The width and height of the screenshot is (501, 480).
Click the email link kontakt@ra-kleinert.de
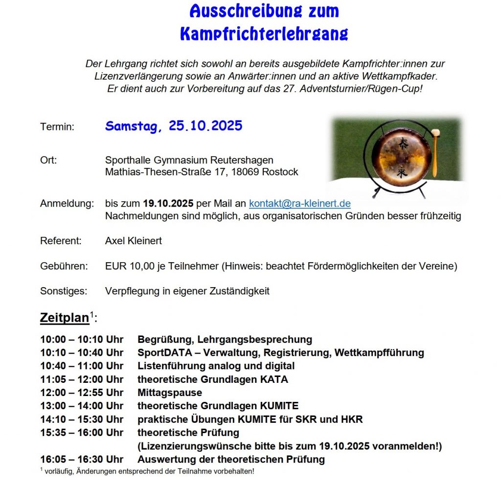tap(299, 204)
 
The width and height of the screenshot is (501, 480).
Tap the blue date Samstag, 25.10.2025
tap(174, 126)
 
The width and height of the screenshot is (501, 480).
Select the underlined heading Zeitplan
tap(65, 318)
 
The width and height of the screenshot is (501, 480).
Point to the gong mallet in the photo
tap(434, 152)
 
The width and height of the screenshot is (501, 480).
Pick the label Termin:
tap(57, 127)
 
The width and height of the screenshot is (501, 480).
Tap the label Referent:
tap(61, 241)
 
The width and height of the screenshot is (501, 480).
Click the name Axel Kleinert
tap(134, 241)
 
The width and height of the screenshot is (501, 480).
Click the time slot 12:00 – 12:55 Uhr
tap(82, 393)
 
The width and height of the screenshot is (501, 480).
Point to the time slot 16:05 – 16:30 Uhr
tap(82, 459)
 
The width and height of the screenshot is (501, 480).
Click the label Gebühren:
tap(64, 266)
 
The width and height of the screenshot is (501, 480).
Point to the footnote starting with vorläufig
tap(149, 471)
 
